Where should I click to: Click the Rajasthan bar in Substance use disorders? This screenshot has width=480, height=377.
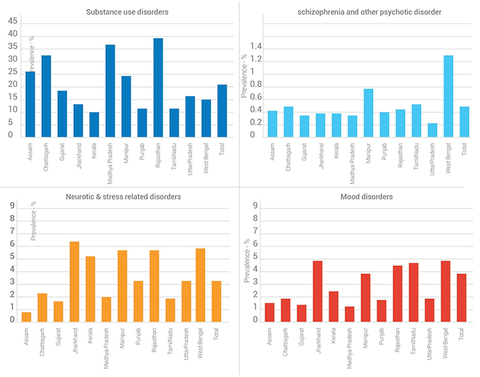[x=158, y=88]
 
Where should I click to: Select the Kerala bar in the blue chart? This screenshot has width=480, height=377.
[x=94, y=125]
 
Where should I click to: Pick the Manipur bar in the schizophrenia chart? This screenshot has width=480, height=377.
[x=369, y=113]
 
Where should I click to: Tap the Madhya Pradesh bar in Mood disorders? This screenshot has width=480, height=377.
[x=349, y=314]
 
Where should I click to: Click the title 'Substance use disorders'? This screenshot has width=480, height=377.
[x=120, y=12]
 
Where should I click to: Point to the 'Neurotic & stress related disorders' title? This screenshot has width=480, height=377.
[x=120, y=197]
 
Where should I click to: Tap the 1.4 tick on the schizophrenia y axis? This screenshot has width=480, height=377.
[x=255, y=47]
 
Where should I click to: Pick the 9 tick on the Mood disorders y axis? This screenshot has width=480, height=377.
[x=255, y=205]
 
